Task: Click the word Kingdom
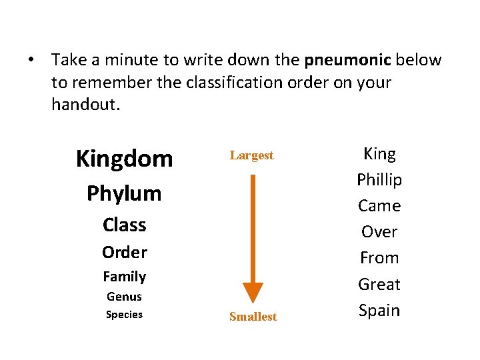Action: pyautogui.click(x=124, y=159)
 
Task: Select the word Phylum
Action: pyautogui.click(x=124, y=194)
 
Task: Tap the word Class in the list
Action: pyautogui.click(x=124, y=225)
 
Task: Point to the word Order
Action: pyautogui.click(x=124, y=252)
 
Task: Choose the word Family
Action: pyautogui.click(x=124, y=276)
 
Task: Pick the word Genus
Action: pyautogui.click(x=124, y=297)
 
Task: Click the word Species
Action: pyautogui.click(x=124, y=315)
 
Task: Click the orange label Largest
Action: pyautogui.click(x=252, y=155)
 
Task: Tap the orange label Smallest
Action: pyautogui.click(x=253, y=317)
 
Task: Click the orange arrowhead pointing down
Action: pyautogui.click(x=253, y=292)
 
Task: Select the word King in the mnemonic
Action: pyautogui.click(x=379, y=154)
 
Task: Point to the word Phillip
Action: pyautogui.click(x=379, y=180)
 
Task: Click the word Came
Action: pyautogui.click(x=379, y=206)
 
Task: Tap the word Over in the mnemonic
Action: pyautogui.click(x=379, y=232)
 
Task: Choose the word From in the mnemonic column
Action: pyautogui.click(x=379, y=258)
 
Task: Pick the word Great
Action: pyautogui.click(x=379, y=285)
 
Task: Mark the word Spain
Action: pyautogui.click(x=379, y=311)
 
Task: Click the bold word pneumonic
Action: pyautogui.click(x=347, y=60)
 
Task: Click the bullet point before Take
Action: pyautogui.click(x=31, y=61)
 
